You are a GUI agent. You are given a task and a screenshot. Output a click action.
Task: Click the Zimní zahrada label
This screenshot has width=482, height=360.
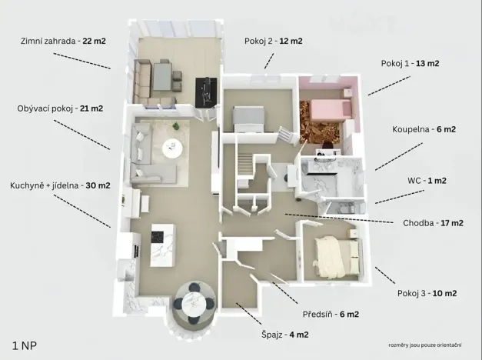pos(63,41)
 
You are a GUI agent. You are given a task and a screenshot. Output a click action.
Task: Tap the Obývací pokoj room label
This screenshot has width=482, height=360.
pos(60,108)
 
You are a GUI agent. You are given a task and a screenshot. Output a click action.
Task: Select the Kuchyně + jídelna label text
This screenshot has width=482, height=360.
pos(60,185)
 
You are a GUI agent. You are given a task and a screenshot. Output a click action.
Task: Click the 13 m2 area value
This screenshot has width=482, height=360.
pos(427,63)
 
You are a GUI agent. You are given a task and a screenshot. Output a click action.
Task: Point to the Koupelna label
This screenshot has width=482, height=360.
pos(424,129)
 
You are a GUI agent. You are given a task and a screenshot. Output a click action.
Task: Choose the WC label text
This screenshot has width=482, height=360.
pos(427,180)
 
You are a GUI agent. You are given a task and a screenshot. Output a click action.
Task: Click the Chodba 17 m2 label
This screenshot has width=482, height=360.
pos(433,223)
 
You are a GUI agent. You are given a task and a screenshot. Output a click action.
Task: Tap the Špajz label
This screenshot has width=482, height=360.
pos(285,335)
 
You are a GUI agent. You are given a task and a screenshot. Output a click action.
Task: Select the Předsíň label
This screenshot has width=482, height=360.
pos(331,314)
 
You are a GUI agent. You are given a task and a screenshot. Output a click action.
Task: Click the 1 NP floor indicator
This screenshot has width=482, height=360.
pos(25,345)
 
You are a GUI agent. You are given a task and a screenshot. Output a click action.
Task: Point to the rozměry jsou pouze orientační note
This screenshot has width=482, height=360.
pos(425,345)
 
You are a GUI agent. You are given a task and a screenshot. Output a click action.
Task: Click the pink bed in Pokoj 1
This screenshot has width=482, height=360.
pos(331,109)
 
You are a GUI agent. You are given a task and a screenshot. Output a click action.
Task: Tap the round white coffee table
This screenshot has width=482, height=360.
pos(172,148)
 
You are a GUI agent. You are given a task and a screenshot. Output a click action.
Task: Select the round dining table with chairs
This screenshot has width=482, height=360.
pos(194,303)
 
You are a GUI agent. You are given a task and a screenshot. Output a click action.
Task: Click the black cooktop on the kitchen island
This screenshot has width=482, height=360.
pos(157,237)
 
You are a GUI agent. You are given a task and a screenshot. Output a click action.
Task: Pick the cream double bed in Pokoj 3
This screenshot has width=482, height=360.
pos(336,257)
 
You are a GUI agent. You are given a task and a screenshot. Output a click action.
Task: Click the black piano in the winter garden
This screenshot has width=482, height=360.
pos(206,92)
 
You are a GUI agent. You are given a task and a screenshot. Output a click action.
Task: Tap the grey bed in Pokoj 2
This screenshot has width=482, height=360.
pos(248,118)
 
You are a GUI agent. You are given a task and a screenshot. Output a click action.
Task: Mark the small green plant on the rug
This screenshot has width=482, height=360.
pos(176,125)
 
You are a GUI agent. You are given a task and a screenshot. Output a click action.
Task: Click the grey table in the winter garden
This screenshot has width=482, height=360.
pos(162,77)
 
